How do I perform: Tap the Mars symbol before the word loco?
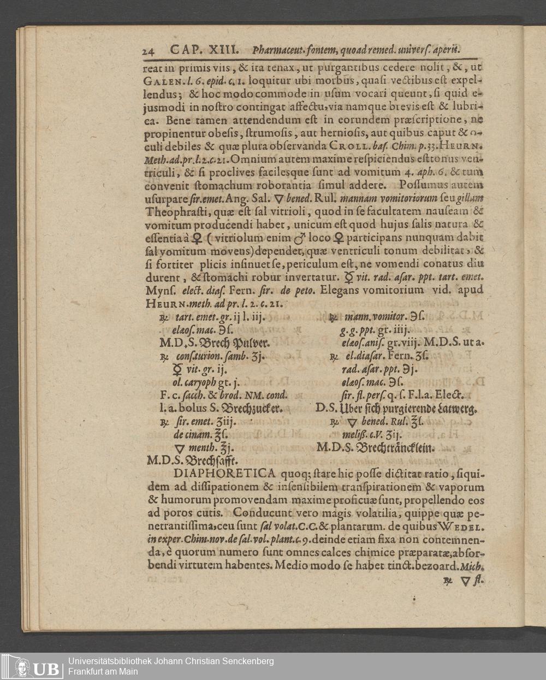[x=300, y=238]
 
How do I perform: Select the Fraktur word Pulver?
[x=245, y=343]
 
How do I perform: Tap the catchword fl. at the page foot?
[x=478, y=581]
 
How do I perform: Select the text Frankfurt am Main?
[x=103, y=671]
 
